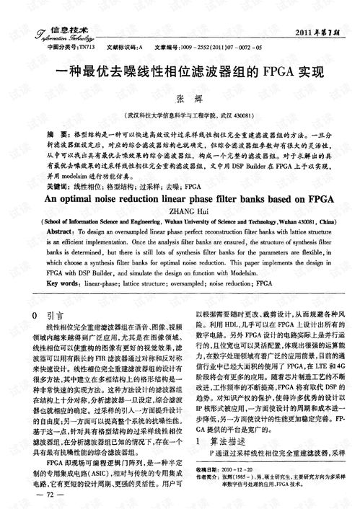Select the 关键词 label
click(x=58, y=185)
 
